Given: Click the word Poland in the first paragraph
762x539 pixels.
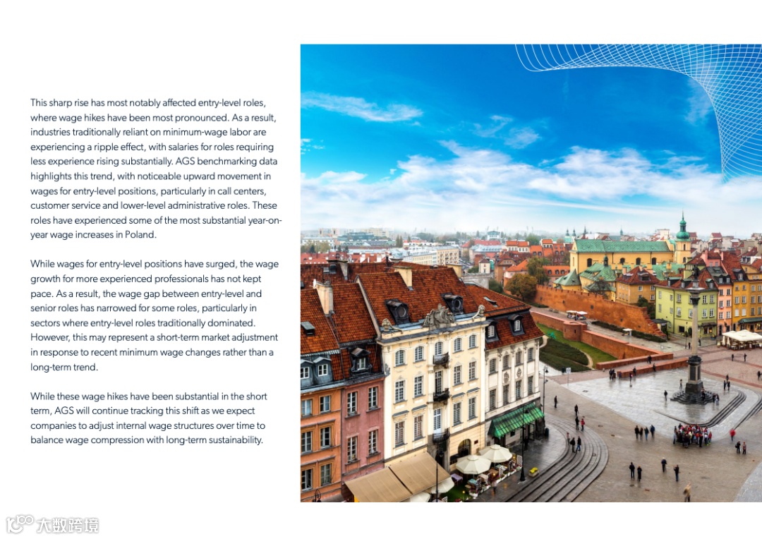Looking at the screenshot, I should (x=140, y=235).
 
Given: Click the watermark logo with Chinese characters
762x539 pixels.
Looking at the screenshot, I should (x=53, y=524).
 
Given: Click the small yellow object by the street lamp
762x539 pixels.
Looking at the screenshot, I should (x=533, y=471).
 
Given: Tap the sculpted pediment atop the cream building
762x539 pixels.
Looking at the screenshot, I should (x=437, y=317).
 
